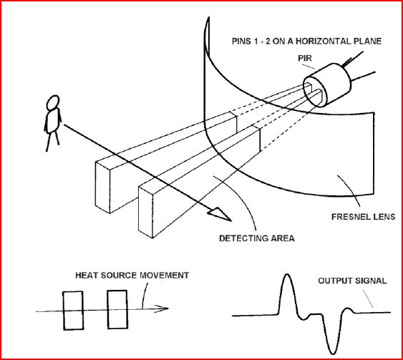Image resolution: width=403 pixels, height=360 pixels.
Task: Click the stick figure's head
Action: tap(53, 102)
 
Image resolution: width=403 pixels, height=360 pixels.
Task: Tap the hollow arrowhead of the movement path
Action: tap(220, 214)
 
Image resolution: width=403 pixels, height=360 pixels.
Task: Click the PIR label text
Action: tap(305, 58)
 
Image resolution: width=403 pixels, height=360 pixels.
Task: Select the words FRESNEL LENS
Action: tap(363, 217)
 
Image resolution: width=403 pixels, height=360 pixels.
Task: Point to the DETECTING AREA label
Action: tap(257, 238)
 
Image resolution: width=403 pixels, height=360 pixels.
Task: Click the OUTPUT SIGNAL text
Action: tap(352, 281)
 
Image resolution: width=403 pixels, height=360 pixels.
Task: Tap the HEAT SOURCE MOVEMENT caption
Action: tap(132, 276)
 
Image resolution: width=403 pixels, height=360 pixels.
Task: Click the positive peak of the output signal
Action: tap(287, 275)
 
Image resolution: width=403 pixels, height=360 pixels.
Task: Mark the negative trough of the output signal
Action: tap(333, 354)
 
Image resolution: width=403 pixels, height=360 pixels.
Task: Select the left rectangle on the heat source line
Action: tap(73, 311)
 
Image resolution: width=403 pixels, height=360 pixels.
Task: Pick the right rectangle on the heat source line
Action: tap(117, 310)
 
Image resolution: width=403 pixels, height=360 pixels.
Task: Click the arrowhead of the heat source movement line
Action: tap(161, 308)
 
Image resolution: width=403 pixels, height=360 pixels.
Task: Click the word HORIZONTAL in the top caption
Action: tap(316, 41)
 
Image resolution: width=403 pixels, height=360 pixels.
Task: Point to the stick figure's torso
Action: tap(53, 120)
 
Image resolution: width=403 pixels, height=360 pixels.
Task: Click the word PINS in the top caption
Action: tap(241, 41)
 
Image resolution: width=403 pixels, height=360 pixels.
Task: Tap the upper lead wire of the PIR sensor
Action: tap(353, 58)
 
